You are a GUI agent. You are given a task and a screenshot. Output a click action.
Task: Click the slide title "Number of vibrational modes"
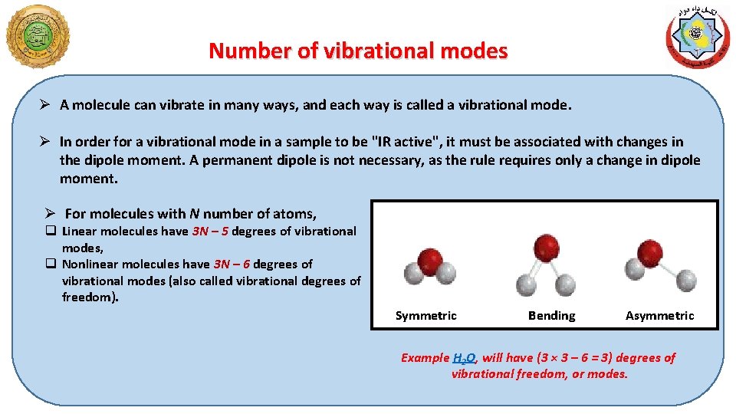(358, 51)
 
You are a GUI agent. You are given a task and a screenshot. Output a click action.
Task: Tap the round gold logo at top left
(37, 36)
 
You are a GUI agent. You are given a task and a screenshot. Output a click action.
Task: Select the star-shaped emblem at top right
(697, 37)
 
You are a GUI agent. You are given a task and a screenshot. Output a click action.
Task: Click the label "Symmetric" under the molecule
(426, 316)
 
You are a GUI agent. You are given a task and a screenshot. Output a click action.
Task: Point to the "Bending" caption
(551, 316)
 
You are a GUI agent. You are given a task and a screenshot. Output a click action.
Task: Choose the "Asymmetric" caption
(659, 316)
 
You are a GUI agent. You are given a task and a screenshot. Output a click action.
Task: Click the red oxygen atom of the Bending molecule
(547, 247)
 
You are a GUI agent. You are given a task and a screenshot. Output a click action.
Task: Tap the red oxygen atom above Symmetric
(431, 258)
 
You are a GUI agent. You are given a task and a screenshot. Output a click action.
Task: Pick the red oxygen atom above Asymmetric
(649, 251)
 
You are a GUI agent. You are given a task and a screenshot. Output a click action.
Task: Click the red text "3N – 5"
(210, 232)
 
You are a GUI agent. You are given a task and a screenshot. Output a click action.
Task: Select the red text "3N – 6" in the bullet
(232, 264)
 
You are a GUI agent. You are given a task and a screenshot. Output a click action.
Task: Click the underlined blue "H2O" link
(464, 358)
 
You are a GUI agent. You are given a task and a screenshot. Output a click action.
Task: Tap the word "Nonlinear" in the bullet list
(88, 264)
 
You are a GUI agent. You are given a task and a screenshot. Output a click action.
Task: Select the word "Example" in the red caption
(426, 358)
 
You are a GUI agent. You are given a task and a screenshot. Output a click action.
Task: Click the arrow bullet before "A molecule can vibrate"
(46, 105)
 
